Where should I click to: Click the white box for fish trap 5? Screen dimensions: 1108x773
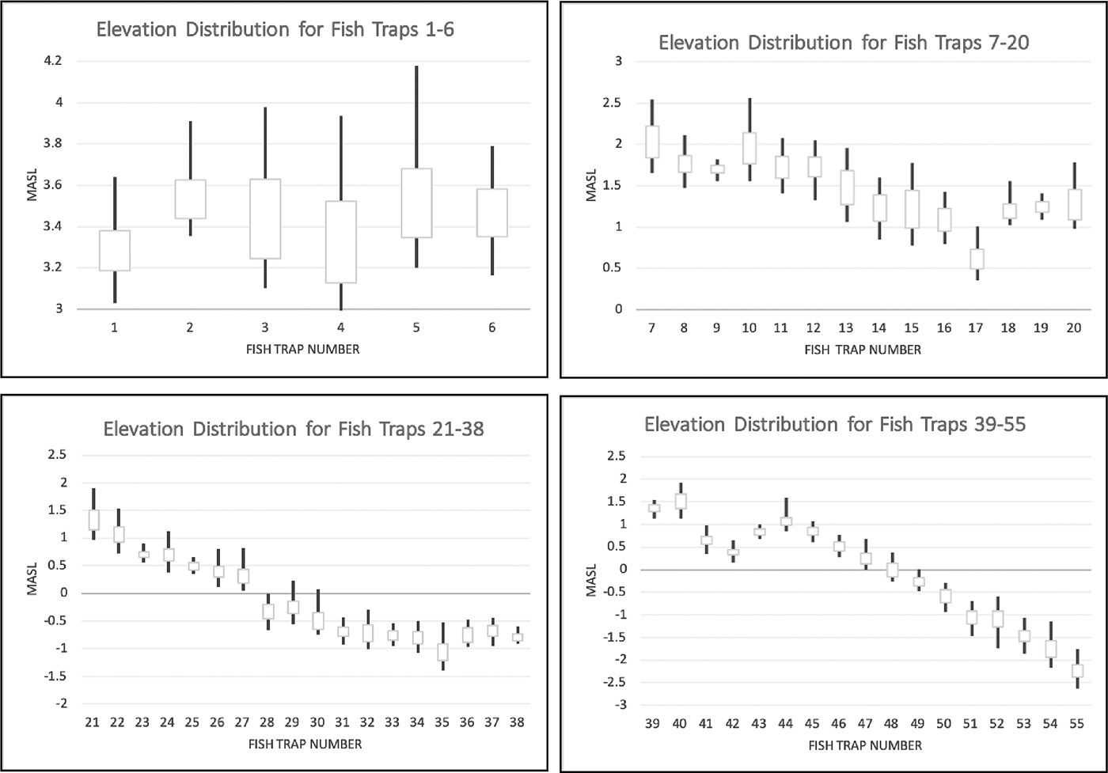coord(416,203)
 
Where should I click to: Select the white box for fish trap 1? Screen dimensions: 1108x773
coord(115,250)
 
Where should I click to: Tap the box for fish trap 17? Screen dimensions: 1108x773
coord(977,259)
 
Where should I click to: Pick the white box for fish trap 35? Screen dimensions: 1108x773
coord(442,652)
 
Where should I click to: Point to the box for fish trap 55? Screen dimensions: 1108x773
coord(1077,671)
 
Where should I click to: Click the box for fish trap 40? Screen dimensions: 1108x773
coord(681,501)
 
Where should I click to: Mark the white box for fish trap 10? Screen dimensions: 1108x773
coord(749,148)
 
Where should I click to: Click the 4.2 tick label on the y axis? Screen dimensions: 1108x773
coord(53,60)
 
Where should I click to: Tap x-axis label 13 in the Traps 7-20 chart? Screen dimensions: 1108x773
coord(846,328)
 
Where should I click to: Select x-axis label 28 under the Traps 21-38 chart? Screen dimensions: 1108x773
coord(267,722)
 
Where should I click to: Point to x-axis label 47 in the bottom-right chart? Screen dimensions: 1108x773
coord(864,723)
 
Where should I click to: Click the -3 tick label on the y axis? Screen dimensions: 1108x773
coord(619,704)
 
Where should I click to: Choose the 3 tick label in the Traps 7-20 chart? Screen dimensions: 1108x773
coord(618,61)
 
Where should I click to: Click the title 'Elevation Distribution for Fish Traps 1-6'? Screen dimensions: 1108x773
coord(275,30)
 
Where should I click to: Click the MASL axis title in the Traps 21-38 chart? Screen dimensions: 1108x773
coord(32,578)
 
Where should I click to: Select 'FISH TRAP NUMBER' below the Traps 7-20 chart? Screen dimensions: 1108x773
coord(863,350)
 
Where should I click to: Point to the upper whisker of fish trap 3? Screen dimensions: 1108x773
coord(265,143)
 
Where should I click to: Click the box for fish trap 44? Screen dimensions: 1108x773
coord(786,521)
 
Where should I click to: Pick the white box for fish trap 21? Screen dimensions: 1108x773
coord(93,520)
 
